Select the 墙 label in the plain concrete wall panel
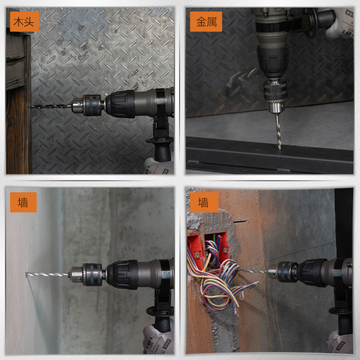coord(23,202)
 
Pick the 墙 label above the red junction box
coord(203,202)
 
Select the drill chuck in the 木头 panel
coord(85,105)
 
